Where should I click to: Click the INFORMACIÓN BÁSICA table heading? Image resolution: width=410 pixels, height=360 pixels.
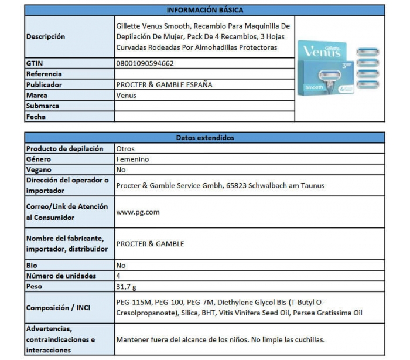point(205,10)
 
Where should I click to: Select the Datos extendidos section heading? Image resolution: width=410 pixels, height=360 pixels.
point(205,138)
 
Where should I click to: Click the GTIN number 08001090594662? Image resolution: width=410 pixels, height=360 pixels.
point(145,63)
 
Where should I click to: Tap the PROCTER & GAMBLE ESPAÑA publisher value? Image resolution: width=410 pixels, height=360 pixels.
point(164,84)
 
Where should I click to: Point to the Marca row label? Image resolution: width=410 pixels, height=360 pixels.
point(37,95)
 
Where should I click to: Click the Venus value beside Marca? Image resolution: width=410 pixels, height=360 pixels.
point(127,95)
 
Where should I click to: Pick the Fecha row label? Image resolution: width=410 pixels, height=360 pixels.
point(36,117)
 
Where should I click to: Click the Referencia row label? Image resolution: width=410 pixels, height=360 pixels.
point(44,74)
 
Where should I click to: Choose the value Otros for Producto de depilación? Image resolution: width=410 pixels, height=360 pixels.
point(126,148)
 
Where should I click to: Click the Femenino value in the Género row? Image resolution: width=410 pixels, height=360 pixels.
point(132,159)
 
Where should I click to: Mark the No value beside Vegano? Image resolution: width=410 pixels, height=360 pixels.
point(121,169)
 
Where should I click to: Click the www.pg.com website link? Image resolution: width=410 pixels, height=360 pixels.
point(138,212)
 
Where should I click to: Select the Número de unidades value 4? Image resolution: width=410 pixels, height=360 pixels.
point(119,276)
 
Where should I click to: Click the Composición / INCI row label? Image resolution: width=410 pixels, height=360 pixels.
point(59,308)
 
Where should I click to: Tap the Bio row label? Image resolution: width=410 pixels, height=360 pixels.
point(32,265)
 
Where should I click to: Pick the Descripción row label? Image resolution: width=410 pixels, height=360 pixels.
point(46,36)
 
